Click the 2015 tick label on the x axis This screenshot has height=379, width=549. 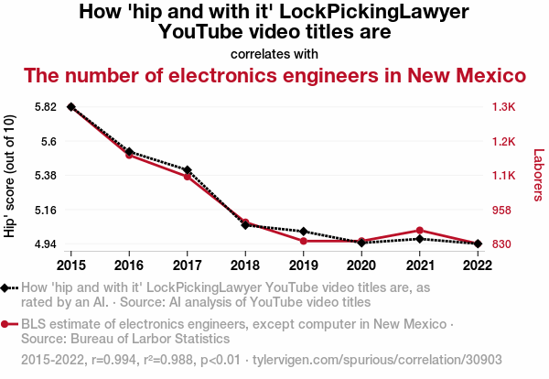pyautogui.click(x=71, y=265)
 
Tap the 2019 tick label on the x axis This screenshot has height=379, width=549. pyautogui.click(x=304, y=265)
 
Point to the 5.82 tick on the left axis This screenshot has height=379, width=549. pyautogui.click(x=45, y=107)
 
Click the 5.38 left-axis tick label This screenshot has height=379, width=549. pyautogui.click(x=45, y=176)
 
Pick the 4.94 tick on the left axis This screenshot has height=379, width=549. pyautogui.click(x=45, y=244)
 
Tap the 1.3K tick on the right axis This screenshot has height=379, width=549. pyautogui.click(x=504, y=107)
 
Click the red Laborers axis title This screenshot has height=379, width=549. pyautogui.click(x=538, y=176)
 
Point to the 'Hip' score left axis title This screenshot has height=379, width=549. pyautogui.click(x=10, y=176)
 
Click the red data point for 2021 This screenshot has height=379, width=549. pyautogui.click(x=419, y=231)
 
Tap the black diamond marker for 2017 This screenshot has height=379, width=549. pyautogui.click(x=188, y=170)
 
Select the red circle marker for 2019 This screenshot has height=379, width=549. pyautogui.click(x=304, y=241)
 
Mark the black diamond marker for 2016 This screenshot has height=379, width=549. pyautogui.click(x=129, y=152)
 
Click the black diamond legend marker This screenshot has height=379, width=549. pyautogui.click(x=6, y=287)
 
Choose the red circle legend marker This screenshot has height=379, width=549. pyautogui.click(x=6, y=323)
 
